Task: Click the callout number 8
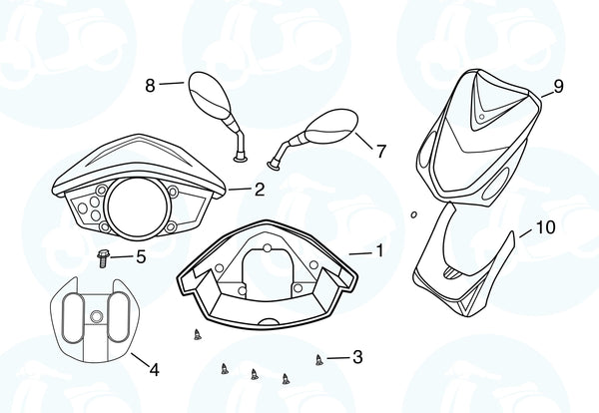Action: click(x=150, y=86)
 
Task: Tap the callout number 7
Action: click(x=381, y=152)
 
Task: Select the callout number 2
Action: click(x=260, y=190)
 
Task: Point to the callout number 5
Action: click(x=141, y=257)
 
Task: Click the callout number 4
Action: click(x=154, y=369)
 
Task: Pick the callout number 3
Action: click(x=357, y=357)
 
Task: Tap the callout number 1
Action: click(x=379, y=251)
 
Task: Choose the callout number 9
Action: click(x=558, y=86)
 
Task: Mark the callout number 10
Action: click(x=546, y=227)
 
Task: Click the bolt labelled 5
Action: click(x=103, y=258)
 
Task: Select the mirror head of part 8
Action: click(x=210, y=95)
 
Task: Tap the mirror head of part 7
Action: click(x=331, y=127)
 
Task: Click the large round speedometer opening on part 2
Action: click(x=137, y=206)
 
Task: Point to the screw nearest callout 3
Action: click(x=319, y=359)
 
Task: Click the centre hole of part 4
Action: click(x=96, y=316)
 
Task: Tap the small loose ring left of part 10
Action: click(x=413, y=215)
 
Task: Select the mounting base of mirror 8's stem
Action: click(x=240, y=158)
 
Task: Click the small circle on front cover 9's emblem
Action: click(x=482, y=117)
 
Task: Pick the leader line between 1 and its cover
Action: click(x=360, y=253)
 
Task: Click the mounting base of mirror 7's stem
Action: click(x=274, y=165)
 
